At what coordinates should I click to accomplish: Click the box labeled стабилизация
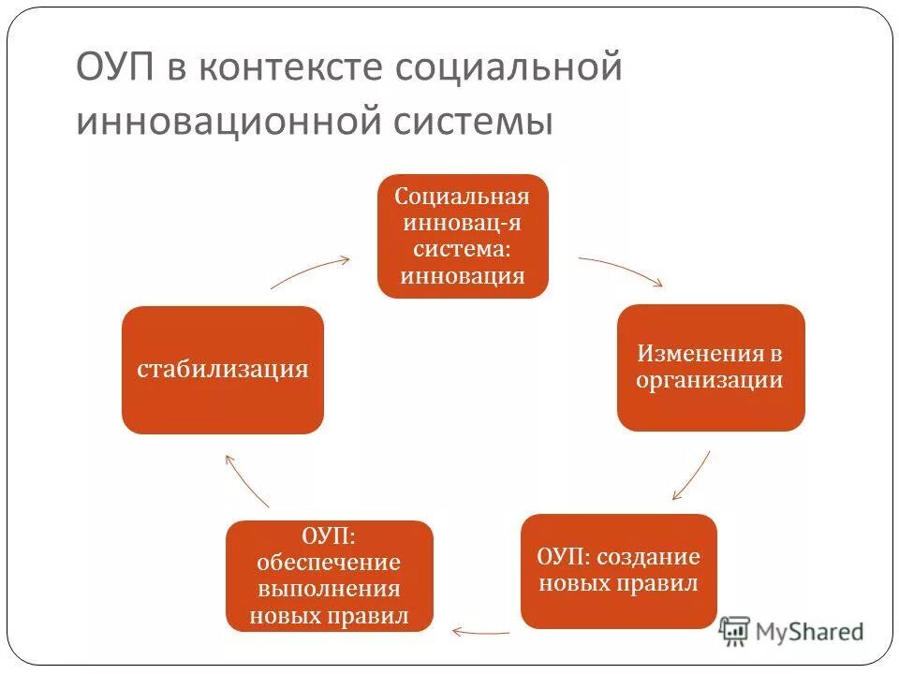pos(223,370)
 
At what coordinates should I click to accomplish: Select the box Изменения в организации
pos(710,368)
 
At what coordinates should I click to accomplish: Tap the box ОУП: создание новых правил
pos(618,571)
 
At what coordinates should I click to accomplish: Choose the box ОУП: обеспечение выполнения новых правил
pos(329,576)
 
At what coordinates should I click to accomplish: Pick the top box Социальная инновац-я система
pos(462,236)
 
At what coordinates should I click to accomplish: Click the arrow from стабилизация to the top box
pos(309,271)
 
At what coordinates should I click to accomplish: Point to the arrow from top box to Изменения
pos(620,270)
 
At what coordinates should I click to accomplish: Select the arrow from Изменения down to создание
pos(691,476)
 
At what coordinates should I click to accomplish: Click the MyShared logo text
pos(810,632)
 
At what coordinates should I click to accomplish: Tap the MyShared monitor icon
pos(735,631)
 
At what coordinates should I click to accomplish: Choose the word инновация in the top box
pos(462,276)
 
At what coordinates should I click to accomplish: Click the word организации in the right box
pos(710,381)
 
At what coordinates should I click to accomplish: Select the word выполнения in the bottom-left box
pos(329,590)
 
